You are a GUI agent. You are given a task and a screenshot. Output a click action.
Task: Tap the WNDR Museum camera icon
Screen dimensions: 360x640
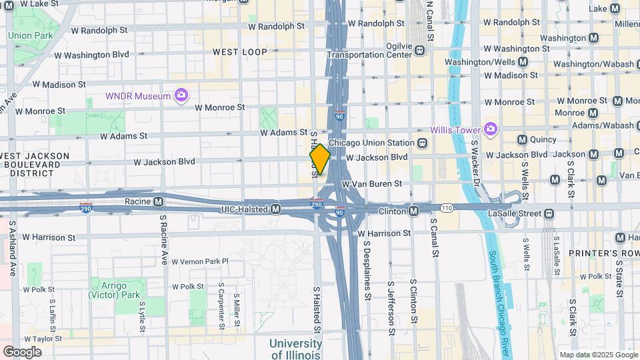pyautogui.click(x=181, y=96)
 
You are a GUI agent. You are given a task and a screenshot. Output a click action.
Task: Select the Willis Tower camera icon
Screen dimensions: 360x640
pyautogui.click(x=491, y=129)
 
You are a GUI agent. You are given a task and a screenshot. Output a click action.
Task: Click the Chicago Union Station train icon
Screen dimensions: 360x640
pyautogui.click(x=422, y=143)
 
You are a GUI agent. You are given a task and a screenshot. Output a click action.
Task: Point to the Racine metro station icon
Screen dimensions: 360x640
pyautogui.click(x=159, y=201)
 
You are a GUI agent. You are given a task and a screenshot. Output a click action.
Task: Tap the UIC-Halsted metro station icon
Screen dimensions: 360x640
pyautogui.click(x=275, y=209)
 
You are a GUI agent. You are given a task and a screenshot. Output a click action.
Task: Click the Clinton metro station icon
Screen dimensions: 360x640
pyautogui.click(x=414, y=211)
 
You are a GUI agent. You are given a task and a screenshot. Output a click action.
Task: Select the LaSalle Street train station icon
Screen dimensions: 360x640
pyautogui.click(x=549, y=213)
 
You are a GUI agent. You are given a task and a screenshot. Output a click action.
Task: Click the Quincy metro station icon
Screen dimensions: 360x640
pyautogui.click(x=523, y=139)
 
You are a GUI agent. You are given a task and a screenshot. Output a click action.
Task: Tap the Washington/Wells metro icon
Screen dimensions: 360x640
pyautogui.click(x=523, y=61)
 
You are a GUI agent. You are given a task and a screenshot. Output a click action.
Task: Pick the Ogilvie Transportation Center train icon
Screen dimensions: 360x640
pyautogui.click(x=420, y=50)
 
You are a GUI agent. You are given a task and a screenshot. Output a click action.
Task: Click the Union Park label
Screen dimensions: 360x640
pyautogui.click(x=30, y=35)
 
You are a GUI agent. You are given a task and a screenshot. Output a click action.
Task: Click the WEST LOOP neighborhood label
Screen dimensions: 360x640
pyautogui.click(x=239, y=51)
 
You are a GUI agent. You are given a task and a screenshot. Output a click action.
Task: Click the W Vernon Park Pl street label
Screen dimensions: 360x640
pyautogui.click(x=200, y=262)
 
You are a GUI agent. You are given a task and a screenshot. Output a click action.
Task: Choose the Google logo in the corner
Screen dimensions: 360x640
pyautogui.click(x=22, y=351)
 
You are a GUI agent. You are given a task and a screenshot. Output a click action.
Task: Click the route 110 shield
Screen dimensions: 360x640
pyautogui.click(x=446, y=209)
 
